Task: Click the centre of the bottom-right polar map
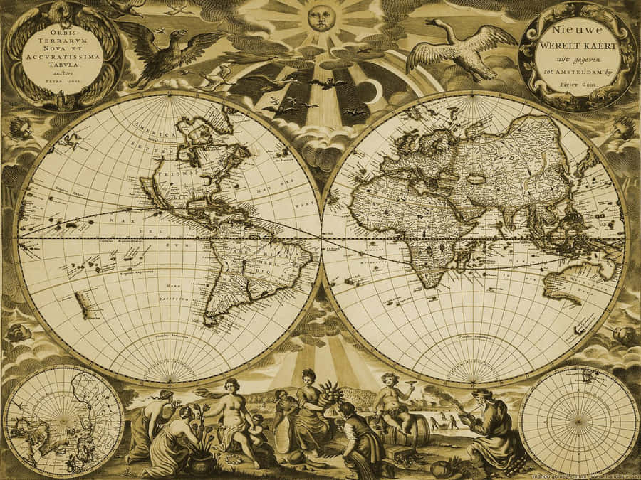click(x=579, y=421)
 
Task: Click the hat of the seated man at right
click(x=481, y=393)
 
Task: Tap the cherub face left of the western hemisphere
click(x=19, y=129)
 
